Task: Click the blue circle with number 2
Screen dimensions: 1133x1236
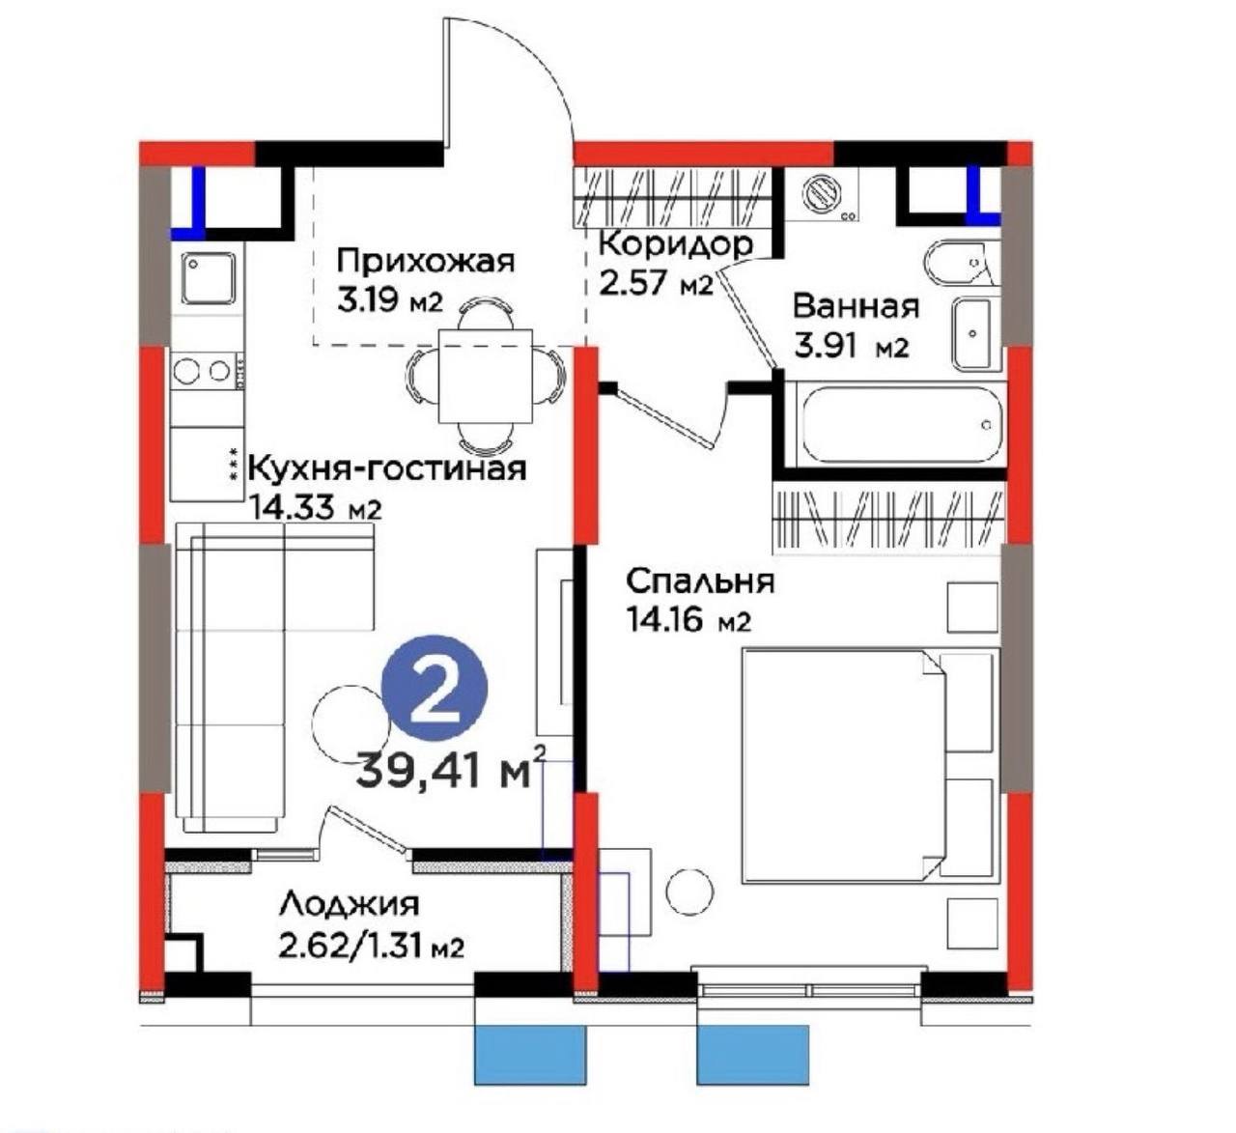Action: click(435, 688)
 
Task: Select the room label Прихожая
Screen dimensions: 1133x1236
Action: click(426, 261)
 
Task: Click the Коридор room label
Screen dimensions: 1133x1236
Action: click(675, 243)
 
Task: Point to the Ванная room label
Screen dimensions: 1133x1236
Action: click(856, 306)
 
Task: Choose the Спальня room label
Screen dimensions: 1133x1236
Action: click(700, 581)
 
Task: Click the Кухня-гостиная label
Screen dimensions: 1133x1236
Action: click(387, 468)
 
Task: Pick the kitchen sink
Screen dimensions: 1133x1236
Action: click(208, 278)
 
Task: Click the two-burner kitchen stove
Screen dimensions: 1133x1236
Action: click(207, 371)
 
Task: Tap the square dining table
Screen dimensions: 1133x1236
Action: click(485, 376)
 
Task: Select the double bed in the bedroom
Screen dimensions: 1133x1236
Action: click(867, 766)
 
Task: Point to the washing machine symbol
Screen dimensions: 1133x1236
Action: click(823, 193)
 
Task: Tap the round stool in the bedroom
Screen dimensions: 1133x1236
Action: click(690, 892)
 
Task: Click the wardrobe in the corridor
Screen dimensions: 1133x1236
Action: click(672, 197)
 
